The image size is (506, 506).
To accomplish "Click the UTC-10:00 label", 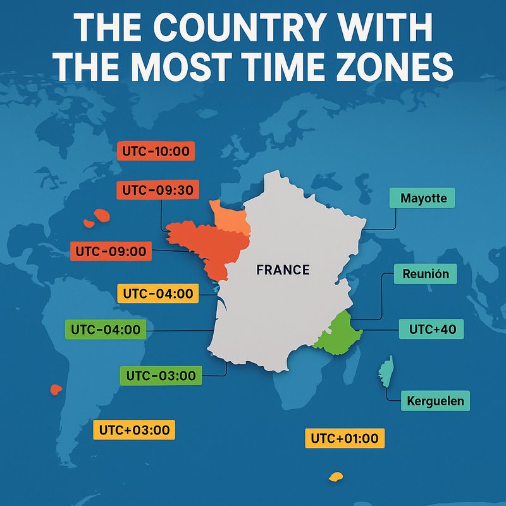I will coord(156,152).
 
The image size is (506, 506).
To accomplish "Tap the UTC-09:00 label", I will coord(111,251).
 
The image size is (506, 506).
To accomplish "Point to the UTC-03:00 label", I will coord(161,375).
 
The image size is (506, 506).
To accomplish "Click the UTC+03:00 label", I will coord(134,430).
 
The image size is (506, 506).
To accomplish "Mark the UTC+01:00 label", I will coord(345,438).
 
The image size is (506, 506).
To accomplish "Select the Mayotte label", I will coord(423,198).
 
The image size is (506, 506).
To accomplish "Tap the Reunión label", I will coord(425,275).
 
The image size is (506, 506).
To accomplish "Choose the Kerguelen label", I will coord(435,400).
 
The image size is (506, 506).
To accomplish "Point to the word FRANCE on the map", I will coord(283,270).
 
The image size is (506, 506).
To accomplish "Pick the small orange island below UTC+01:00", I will coord(335,476).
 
